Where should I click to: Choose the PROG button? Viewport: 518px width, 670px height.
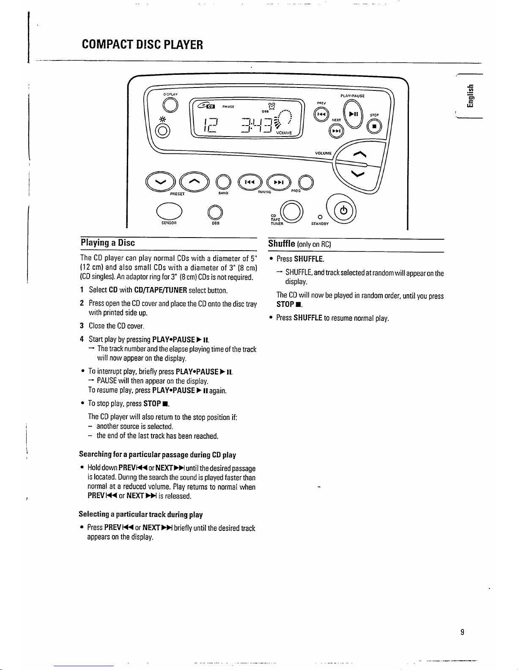pos(305,182)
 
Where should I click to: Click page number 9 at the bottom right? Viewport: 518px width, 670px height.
pos(463,632)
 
